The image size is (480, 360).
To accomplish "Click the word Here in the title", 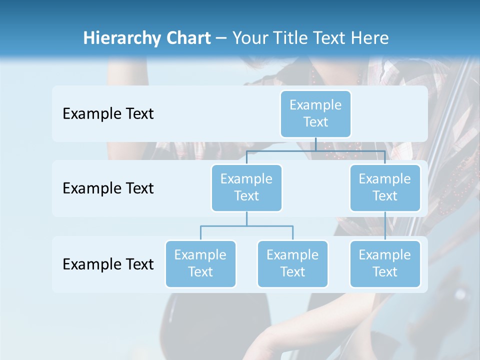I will click(x=369, y=38).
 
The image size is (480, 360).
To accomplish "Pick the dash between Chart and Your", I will click(x=221, y=39).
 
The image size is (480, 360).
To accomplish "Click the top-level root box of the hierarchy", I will click(x=315, y=114).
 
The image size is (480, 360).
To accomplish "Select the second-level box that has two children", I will click(x=246, y=188).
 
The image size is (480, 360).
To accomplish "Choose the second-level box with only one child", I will click(x=384, y=188).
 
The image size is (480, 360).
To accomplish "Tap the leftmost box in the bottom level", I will click(x=200, y=264).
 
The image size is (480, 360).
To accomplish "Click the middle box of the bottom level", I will click(x=292, y=264).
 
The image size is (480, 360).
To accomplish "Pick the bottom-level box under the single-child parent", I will click(x=384, y=264).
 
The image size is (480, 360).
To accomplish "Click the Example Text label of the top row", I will click(x=108, y=114).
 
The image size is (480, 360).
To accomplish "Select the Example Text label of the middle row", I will click(x=108, y=188).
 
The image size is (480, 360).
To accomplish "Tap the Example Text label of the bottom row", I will click(x=108, y=264).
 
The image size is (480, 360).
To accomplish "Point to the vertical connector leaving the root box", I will click(x=315, y=144).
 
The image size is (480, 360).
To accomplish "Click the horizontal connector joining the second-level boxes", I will click(x=280, y=150).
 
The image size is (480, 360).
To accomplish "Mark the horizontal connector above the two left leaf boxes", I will click(x=246, y=226).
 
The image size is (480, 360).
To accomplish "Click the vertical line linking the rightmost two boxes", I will click(x=384, y=226).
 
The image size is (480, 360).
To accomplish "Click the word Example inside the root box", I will click(x=315, y=105).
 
